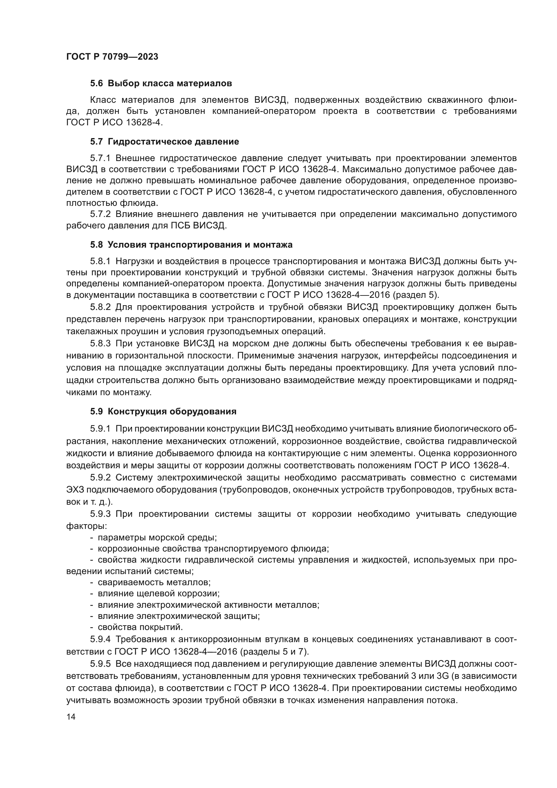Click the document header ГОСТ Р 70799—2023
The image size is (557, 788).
(112, 57)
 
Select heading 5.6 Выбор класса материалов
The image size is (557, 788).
(161, 84)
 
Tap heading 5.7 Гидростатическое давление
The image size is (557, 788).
(164, 141)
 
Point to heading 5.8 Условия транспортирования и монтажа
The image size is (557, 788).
(191, 245)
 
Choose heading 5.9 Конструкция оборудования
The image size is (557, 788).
(163, 411)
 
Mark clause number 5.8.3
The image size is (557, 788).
(100, 343)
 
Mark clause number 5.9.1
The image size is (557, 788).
(100, 429)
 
